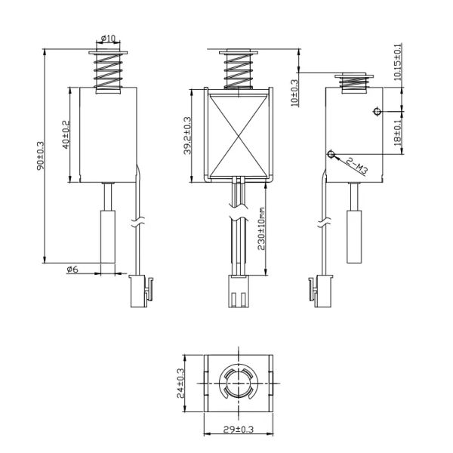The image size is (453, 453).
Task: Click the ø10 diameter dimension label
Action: [108, 39]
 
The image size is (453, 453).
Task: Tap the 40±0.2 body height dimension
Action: [66, 134]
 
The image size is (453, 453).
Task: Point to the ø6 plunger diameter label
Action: [72, 270]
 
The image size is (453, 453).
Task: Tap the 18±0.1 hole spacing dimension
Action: [397, 133]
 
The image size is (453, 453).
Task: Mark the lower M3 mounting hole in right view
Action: [331, 154]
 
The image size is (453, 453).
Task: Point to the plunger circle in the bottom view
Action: [236, 383]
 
